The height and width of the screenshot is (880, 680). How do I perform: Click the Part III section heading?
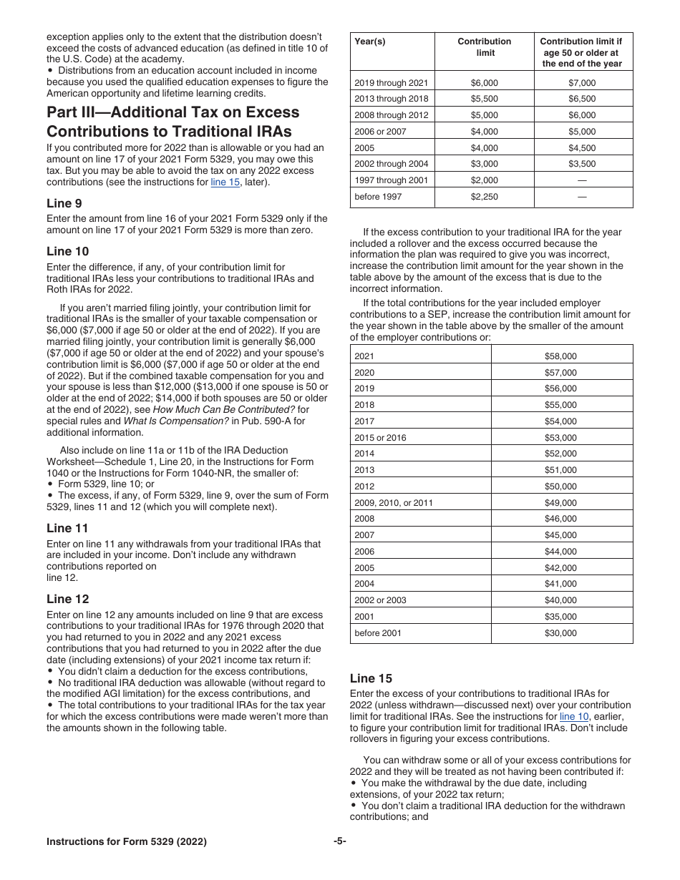tap(173, 122)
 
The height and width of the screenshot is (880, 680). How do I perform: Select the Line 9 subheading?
tap(64, 203)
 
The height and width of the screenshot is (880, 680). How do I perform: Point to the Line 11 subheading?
tap(67, 528)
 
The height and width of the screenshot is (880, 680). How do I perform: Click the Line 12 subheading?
tap(67, 599)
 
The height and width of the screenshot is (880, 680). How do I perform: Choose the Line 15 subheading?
tap(371, 678)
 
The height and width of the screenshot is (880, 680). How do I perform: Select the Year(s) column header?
tap(369, 41)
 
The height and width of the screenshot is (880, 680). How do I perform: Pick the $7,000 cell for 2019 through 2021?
tap(582, 82)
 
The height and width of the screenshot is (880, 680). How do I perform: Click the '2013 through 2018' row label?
tap(391, 99)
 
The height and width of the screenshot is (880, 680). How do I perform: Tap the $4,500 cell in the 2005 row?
tap(582, 148)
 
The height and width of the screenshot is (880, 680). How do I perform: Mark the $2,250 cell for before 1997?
tap(485, 197)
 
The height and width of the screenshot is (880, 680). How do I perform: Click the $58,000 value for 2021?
tap(560, 356)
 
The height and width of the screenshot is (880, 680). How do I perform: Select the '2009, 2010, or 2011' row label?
tap(393, 502)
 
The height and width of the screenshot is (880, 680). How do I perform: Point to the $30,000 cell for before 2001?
tap(560, 633)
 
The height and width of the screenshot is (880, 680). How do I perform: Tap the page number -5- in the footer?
tap(339, 842)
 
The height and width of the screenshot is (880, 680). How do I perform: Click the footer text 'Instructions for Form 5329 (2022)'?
tap(127, 842)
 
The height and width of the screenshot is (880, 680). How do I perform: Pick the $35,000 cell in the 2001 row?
tap(560, 617)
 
